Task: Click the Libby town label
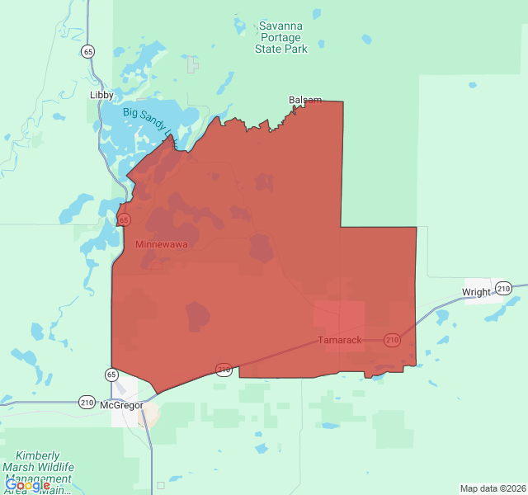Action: click(x=101, y=95)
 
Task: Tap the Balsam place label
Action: click(x=305, y=100)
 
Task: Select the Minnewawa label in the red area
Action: click(x=162, y=245)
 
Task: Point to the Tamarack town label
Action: click(x=340, y=340)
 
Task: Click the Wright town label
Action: click(x=476, y=292)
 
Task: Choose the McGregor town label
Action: click(x=121, y=406)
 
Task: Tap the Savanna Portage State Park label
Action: click(x=281, y=37)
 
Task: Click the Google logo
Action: click(x=27, y=485)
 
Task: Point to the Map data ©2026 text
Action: click(x=492, y=488)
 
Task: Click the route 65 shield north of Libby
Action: click(x=87, y=51)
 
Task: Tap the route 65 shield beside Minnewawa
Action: click(x=124, y=219)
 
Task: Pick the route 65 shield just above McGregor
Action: click(x=111, y=375)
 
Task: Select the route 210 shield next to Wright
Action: click(x=503, y=288)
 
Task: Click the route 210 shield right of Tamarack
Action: click(x=392, y=339)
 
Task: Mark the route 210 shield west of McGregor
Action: click(x=87, y=403)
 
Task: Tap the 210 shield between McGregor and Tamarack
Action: click(x=224, y=369)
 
